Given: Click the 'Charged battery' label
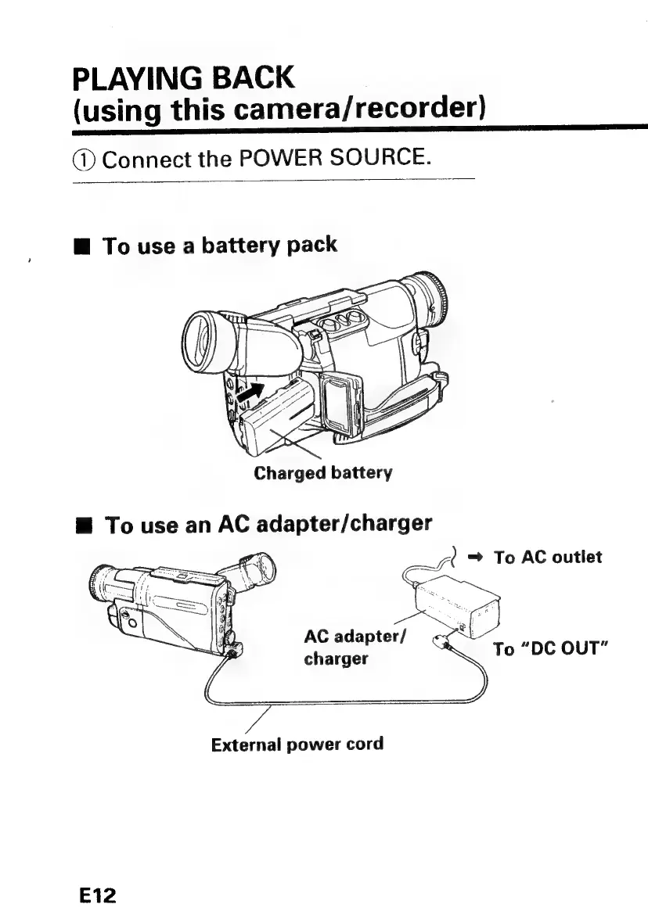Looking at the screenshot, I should [x=322, y=473].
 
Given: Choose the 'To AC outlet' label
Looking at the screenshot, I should [x=548, y=558].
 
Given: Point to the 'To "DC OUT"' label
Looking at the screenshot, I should [x=552, y=649].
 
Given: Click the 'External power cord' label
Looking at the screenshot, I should [x=297, y=743].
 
